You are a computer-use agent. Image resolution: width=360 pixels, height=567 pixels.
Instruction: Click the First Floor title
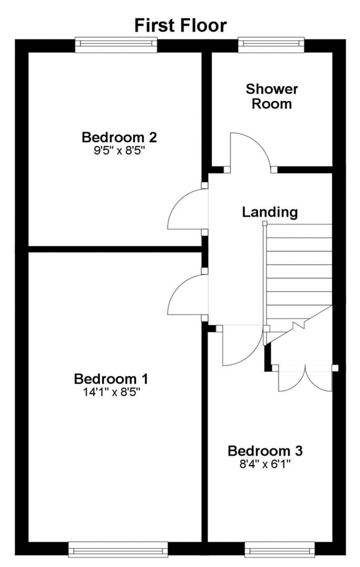point(180,26)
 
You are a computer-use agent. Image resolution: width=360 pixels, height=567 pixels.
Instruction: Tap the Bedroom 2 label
point(119,137)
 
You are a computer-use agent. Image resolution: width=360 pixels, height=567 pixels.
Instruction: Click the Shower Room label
point(271,96)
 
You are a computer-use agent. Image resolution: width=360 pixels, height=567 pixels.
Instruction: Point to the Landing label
point(270,212)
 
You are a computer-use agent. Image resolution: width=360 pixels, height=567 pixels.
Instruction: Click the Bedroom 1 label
point(111,379)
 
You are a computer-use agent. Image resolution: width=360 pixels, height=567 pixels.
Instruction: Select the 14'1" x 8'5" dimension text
point(111,392)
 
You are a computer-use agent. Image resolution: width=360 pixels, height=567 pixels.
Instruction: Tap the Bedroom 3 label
point(265,450)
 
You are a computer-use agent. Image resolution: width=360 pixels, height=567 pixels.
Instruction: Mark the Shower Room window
point(271,45)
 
